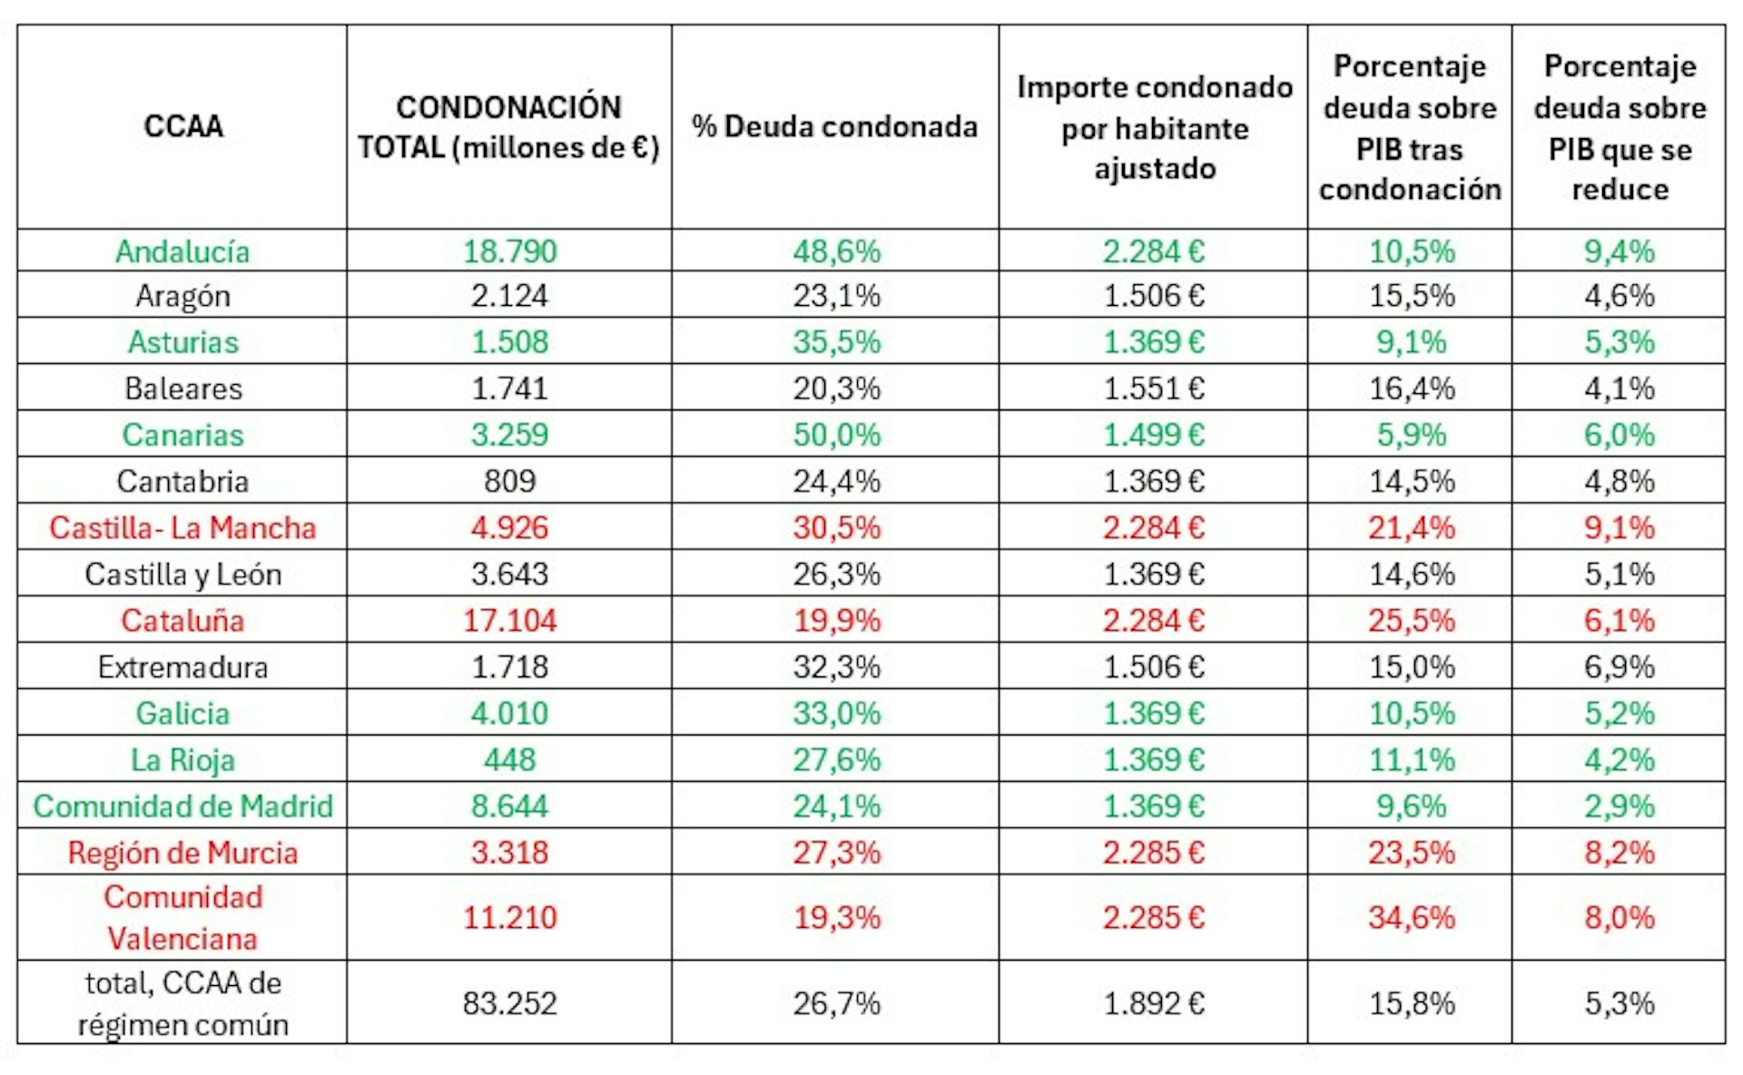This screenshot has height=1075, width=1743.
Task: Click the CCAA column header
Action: tap(182, 126)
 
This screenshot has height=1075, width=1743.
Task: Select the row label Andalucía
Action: tap(182, 251)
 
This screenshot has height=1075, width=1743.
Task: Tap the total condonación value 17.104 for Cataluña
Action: tap(509, 621)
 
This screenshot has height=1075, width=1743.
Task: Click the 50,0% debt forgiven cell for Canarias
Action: tap(836, 435)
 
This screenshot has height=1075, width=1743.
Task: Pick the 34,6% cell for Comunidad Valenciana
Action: tap(1411, 918)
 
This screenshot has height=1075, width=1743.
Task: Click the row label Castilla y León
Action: tap(182, 575)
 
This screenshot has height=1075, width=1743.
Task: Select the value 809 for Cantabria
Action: tap(509, 481)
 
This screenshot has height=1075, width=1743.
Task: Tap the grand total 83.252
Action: tap(509, 1003)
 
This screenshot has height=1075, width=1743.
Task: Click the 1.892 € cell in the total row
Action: tap(1153, 1003)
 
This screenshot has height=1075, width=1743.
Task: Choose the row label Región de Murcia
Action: tap(182, 853)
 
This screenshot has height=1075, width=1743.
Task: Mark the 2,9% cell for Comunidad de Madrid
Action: tap(1619, 806)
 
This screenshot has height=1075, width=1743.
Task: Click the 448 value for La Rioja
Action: tap(509, 760)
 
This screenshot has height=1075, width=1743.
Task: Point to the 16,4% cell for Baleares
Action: tap(1411, 389)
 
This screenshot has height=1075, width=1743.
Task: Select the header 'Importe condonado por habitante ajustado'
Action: tap(1154, 128)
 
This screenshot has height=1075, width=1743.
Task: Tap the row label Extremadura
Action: tap(182, 667)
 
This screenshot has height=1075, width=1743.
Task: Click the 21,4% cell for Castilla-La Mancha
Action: tap(1411, 528)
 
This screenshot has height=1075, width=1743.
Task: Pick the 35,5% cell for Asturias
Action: tap(836, 342)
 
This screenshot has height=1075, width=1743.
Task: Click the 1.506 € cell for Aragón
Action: tap(1153, 296)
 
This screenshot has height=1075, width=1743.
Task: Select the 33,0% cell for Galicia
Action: tap(836, 714)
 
